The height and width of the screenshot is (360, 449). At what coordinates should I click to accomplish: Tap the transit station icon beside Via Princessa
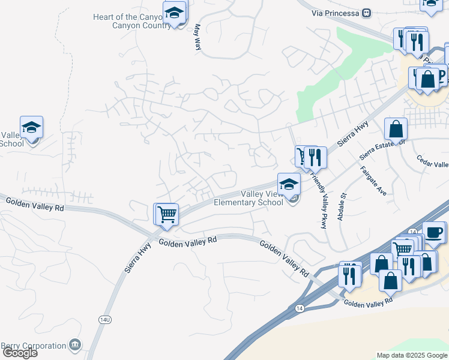pos(367,13)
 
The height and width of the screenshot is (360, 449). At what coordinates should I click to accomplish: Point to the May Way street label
pos(197,37)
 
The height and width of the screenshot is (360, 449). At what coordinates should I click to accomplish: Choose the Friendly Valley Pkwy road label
pos(319,200)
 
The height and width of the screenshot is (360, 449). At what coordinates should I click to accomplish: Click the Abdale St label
pos(342,206)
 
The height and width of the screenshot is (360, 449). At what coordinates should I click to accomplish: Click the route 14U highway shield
pos(105,320)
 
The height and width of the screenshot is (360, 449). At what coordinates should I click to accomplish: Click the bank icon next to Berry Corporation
pos(75,345)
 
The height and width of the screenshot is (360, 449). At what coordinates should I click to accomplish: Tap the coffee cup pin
pos(434,232)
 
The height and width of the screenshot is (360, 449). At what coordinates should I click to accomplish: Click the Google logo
pos(20,353)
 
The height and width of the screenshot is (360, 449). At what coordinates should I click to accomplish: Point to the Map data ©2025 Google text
pos(411,355)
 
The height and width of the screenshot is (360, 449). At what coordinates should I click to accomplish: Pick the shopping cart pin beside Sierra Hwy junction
pos(167,214)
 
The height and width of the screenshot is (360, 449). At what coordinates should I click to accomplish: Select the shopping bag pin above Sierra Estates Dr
pos(396,128)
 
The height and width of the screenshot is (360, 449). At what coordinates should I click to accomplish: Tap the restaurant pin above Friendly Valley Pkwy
pos(315,157)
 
